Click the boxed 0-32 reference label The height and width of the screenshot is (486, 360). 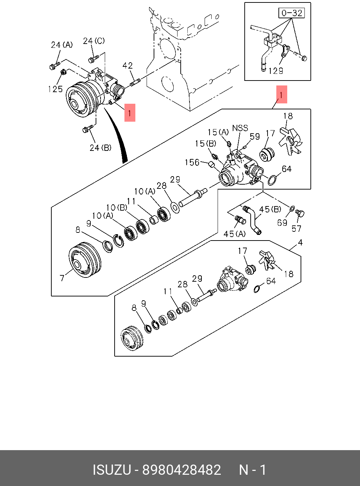[292, 13]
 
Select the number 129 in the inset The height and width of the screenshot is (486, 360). [276, 71]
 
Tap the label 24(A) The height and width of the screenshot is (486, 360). [62, 45]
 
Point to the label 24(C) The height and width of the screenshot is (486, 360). [94, 41]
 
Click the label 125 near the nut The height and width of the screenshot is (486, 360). [56, 89]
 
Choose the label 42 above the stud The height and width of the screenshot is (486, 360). [128, 66]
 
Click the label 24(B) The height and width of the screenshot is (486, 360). [101, 148]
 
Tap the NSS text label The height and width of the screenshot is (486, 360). [240, 128]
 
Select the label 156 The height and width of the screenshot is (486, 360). [192, 162]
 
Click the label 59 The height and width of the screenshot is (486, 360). [255, 136]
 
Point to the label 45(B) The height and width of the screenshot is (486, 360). [270, 210]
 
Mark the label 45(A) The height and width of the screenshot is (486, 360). [235, 234]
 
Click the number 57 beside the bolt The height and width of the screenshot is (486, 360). [296, 229]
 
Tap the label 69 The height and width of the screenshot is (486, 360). [282, 223]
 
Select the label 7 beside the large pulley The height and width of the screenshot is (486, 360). [62, 278]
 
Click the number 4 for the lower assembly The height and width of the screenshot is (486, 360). [300, 243]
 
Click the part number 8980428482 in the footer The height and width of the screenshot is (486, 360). [181, 470]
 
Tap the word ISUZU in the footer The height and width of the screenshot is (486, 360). [111, 470]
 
